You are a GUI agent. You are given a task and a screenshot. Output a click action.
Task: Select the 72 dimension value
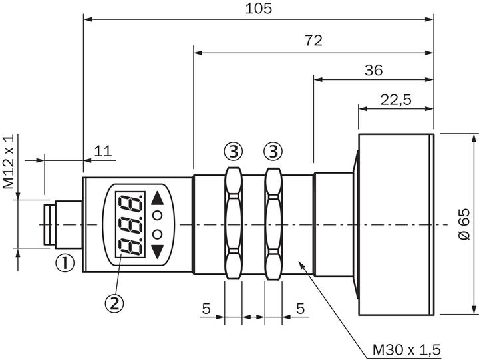pos(313,41)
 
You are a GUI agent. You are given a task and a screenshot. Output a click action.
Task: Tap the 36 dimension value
pos(373,70)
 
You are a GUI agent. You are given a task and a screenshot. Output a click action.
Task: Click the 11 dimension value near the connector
pos(102,151)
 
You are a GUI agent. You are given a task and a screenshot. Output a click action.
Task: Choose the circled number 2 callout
pos(114,303)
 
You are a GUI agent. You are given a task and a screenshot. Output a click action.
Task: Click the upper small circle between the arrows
pos(158,215)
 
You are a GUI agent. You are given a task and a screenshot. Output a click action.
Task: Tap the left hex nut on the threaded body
pos(233,225)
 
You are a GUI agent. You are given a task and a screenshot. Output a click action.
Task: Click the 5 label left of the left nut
pos(206,309)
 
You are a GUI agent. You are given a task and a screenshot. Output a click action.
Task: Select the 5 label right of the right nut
pos(300,309)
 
